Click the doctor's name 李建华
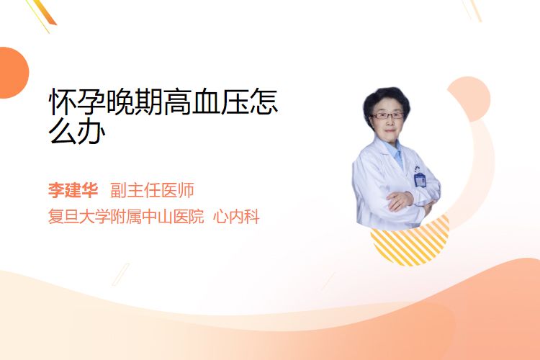(x=73, y=190)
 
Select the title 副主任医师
(x=152, y=190)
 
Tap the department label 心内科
(x=236, y=217)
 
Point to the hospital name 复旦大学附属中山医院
(x=126, y=217)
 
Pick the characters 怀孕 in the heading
(x=77, y=102)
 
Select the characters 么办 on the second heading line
(x=77, y=131)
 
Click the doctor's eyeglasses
(x=387, y=116)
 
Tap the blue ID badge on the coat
(x=420, y=180)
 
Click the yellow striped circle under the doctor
(x=410, y=244)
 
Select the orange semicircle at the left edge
(x=13, y=73)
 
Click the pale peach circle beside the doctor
(x=469, y=99)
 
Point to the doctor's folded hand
(x=400, y=200)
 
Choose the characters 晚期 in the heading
(x=135, y=102)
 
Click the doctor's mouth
(x=390, y=131)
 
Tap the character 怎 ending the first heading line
(x=264, y=102)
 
